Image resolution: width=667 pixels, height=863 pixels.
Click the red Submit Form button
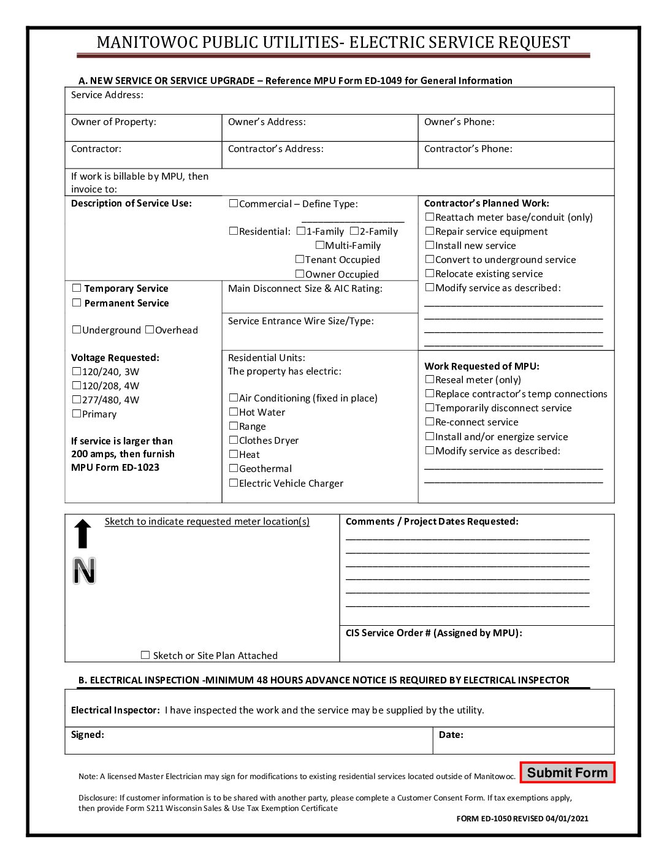click(567, 772)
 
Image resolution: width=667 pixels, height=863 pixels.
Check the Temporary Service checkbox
click(77, 288)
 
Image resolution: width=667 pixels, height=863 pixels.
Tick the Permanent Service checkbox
click(77, 303)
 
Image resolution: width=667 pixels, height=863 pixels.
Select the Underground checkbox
click(77, 330)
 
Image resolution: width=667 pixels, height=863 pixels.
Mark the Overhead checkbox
click(150, 330)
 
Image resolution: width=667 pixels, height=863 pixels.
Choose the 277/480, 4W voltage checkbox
click(77, 400)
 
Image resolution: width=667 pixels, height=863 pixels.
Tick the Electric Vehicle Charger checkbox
click(234, 483)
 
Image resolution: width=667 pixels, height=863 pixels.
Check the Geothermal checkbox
click(234, 468)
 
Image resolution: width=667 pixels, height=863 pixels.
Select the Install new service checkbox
click(430, 245)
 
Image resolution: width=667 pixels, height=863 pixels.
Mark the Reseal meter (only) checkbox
click(430, 379)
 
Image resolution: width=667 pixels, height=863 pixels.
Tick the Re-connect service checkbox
click(430, 422)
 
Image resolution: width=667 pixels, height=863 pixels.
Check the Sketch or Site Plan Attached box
click(145, 655)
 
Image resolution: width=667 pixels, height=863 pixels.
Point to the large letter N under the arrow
click(84, 571)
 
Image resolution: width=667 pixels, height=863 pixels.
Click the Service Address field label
click(107, 95)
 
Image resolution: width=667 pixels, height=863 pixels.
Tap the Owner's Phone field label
click(459, 122)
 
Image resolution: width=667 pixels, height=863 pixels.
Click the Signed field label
click(88, 734)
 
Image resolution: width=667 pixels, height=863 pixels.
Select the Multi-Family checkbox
click(319, 245)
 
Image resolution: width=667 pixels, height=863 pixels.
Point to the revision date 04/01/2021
click(567, 818)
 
